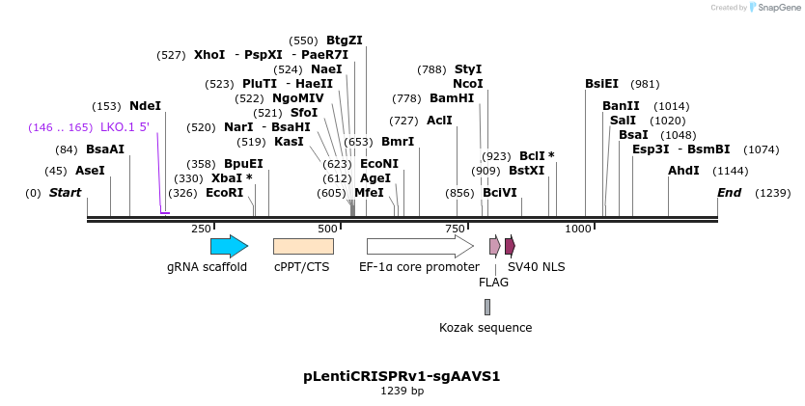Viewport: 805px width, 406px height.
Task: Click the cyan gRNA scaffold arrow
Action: (x=229, y=246)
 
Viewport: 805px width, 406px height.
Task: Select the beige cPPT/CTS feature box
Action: (x=303, y=246)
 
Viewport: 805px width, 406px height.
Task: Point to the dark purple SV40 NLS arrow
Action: (x=510, y=246)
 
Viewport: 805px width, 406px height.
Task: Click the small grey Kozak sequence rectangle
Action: (x=487, y=307)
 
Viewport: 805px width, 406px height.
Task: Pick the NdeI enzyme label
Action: (x=145, y=106)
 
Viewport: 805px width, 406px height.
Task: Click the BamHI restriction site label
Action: (x=452, y=98)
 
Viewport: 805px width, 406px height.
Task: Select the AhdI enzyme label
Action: (x=683, y=171)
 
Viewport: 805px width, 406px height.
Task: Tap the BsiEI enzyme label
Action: (x=601, y=84)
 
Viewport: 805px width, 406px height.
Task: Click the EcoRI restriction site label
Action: (x=224, y=193)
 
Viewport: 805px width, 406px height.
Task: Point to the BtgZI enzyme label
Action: (x=345, y=41)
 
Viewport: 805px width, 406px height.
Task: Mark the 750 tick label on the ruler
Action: (x=455, y=229)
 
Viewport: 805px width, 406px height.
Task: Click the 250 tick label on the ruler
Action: (x=201, y=229)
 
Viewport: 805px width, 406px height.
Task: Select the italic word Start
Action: (x=65, y=193)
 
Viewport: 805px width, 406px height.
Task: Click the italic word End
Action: (x=729, y=193)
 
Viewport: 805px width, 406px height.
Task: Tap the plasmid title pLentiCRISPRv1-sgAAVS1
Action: (x=402, y=375)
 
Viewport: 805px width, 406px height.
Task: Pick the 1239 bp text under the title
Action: (x=402, y=391)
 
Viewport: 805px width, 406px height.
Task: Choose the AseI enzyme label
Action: (x=90, y=171)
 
